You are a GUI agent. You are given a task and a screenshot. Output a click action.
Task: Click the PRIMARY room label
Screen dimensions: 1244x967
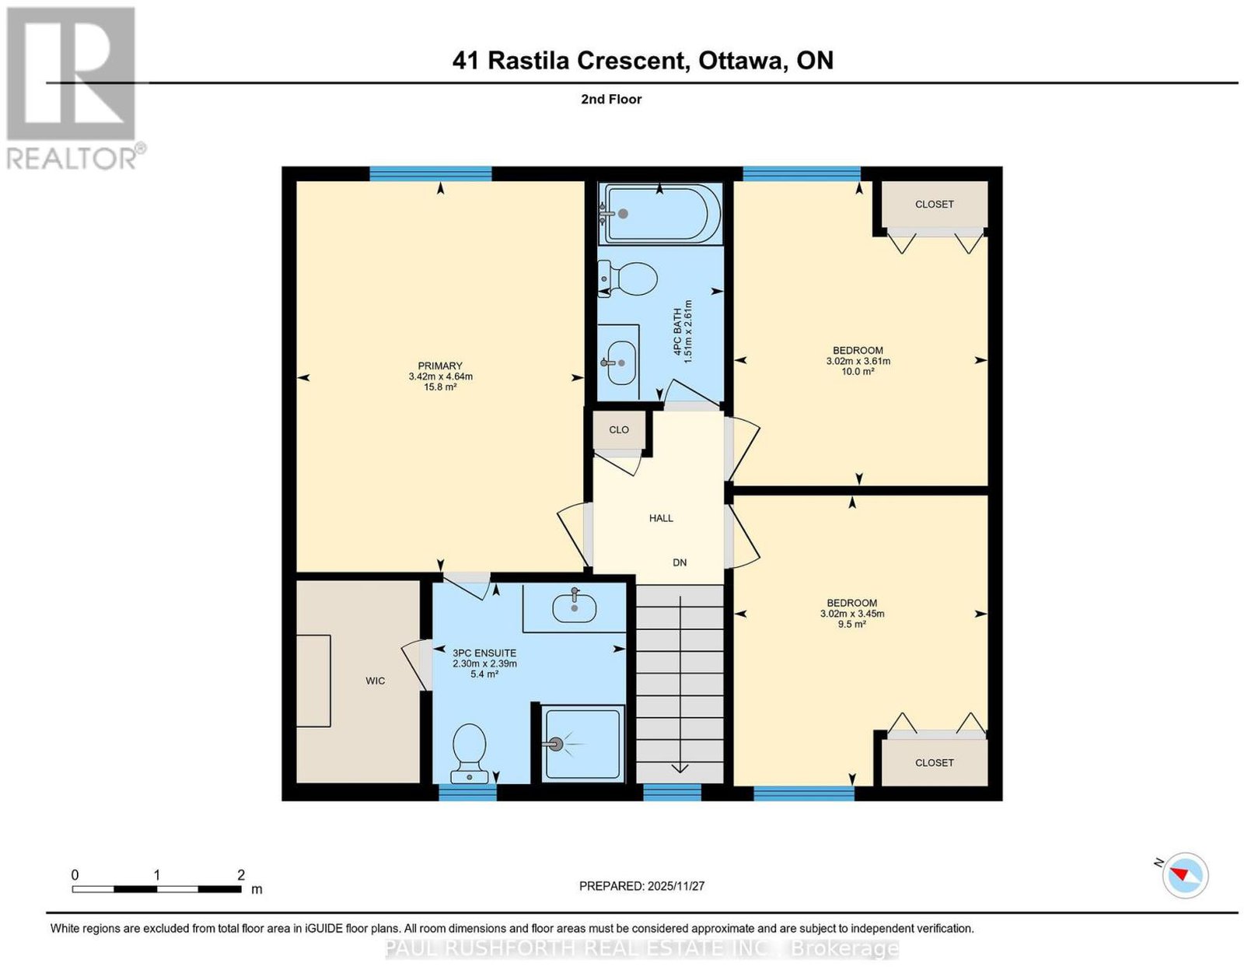(439, 366)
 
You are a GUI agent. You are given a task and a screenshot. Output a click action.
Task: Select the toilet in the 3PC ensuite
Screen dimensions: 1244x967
(470, 753)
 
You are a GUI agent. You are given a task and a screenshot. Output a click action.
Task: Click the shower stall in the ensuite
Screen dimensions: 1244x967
(583, 744)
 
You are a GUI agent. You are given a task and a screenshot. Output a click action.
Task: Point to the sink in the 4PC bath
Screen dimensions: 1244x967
(620, 363)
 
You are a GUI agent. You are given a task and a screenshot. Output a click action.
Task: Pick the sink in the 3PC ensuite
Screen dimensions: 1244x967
(575, 608)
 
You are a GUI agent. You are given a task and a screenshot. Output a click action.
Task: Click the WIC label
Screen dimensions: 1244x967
(376, 681)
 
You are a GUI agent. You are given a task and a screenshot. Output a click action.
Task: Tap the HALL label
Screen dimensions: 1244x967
(661, 518)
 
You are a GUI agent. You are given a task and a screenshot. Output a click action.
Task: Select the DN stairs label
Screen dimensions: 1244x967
(680, 562)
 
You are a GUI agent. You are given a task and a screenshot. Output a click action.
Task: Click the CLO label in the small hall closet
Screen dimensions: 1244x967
(619, 429)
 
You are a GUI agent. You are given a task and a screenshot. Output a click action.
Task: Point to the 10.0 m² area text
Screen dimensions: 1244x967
(858, 372)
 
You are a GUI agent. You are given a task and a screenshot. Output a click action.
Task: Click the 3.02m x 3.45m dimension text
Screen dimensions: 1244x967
(852, 614)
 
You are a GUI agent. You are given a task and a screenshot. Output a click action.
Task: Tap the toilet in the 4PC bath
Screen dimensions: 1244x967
(628, 279)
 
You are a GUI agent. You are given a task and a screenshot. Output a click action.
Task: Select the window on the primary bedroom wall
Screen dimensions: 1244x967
(431, 173)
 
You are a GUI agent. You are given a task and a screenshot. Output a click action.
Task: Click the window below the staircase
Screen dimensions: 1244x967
(672, 793)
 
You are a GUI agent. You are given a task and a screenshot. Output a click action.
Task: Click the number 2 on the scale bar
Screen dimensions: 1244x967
(241, 875)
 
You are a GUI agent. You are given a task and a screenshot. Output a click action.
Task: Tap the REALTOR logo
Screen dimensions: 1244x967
(75, 89)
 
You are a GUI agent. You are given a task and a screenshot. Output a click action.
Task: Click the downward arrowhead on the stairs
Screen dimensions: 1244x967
(680, 767)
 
